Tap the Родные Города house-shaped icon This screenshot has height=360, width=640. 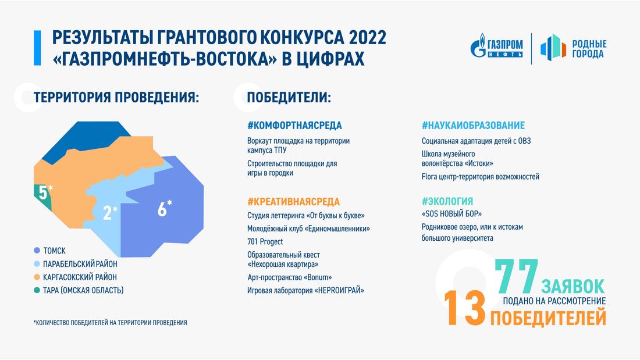[553, 48]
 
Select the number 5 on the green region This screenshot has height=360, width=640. [42, 193]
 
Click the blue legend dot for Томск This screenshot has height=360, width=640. [37, 251]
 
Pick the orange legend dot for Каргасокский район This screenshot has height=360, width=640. [37, 277]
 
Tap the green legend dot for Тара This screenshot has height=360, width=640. [37, 290]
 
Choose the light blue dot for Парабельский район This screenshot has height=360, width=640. [37, 264]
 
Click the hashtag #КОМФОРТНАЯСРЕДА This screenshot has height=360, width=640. [294, 126]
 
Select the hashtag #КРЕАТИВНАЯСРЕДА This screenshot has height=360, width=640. [293, 202]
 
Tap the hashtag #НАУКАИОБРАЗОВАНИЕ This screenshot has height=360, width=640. [473, 126]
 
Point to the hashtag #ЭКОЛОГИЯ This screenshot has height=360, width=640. [447, 201]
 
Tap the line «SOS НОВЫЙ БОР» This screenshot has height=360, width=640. [451, 213]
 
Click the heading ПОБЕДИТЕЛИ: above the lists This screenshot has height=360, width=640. [289, 97]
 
